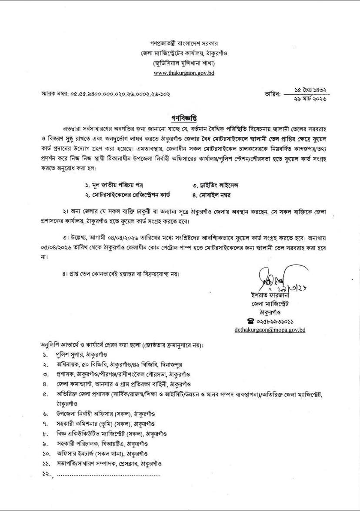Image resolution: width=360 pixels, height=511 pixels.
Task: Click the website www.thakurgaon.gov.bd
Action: [184, 73]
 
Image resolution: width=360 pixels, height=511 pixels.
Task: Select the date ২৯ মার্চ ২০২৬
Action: [310, 100]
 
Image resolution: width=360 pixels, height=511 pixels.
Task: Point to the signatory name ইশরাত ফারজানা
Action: [265, 297]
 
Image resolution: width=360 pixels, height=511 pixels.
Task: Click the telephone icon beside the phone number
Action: [250, 321]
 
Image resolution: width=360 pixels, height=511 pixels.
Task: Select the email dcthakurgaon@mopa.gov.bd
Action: [270, 330]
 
